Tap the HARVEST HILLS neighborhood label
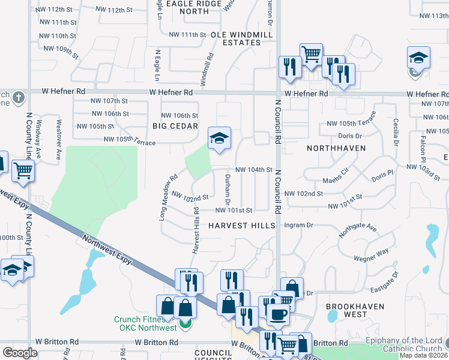(242, 226)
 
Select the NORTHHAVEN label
(333, 148)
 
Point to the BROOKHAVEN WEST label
(346, 310)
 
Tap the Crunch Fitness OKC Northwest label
(146, 323)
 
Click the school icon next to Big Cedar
(219, 139)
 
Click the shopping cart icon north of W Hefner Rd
(310, 54)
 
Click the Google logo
(20, 353)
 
